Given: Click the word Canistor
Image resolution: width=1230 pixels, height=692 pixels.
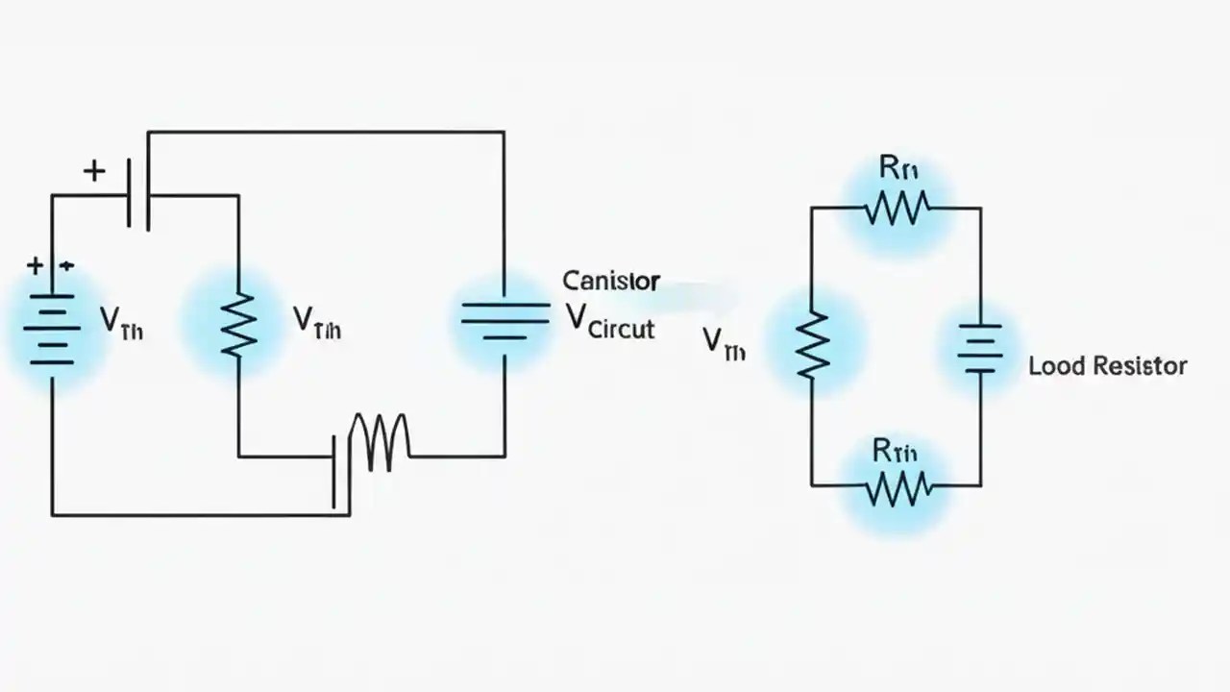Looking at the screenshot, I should (610, 281).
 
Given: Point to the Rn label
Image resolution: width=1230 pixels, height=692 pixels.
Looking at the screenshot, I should (898, 168).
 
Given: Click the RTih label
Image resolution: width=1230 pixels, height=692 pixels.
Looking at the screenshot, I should (896, 449).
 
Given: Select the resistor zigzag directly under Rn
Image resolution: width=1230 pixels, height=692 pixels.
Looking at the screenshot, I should (897, 208).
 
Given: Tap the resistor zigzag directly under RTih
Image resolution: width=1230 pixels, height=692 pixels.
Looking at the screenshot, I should (898, 487).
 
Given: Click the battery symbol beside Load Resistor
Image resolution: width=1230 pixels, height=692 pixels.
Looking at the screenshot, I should (979, 349).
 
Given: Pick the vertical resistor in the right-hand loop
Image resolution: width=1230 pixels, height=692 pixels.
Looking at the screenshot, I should (812, 344).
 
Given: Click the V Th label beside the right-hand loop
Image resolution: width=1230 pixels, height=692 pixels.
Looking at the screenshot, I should (724, 343).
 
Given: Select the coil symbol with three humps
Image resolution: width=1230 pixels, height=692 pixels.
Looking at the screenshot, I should (381, 442).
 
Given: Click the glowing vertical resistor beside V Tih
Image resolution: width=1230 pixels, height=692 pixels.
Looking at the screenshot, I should (238, 325).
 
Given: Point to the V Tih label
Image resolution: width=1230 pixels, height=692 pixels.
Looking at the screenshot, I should (316, 323).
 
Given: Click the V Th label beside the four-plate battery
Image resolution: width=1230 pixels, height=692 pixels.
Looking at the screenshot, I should (122, 324).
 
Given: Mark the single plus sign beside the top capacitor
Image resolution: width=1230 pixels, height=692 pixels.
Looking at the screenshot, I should (93, 172).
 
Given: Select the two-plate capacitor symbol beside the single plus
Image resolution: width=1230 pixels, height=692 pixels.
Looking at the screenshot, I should (138, 195).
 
